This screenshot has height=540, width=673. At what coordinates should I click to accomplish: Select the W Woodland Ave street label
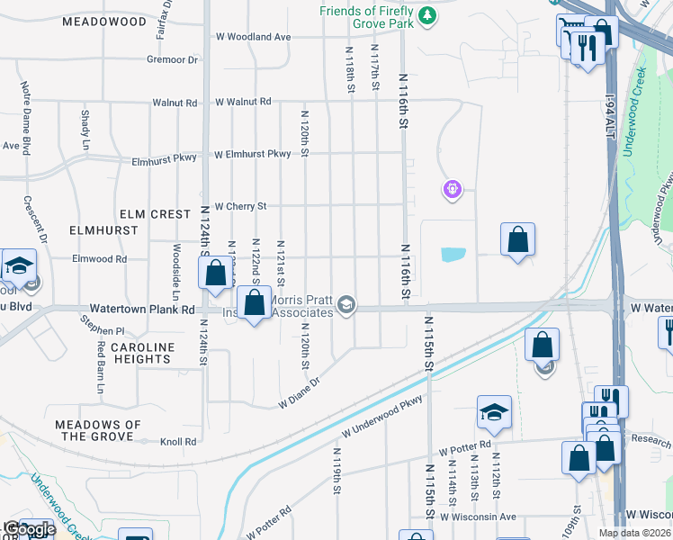coord(254,37)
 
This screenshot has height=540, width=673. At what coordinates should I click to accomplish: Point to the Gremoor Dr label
coord(172,60)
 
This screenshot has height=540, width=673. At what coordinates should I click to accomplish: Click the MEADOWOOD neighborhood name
coord(105,21)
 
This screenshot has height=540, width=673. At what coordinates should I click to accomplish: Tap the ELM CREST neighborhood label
coord(156,214)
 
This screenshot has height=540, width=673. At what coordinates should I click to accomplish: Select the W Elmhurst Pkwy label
coord(253,155)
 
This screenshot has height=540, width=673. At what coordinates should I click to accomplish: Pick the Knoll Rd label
coord(178,442)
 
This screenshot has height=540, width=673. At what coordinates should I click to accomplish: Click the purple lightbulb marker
coord(452,189)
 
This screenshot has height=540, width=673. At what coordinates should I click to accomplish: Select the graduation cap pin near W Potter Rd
coord(494,411)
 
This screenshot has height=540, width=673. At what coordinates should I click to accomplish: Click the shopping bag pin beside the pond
coord(517,239)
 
